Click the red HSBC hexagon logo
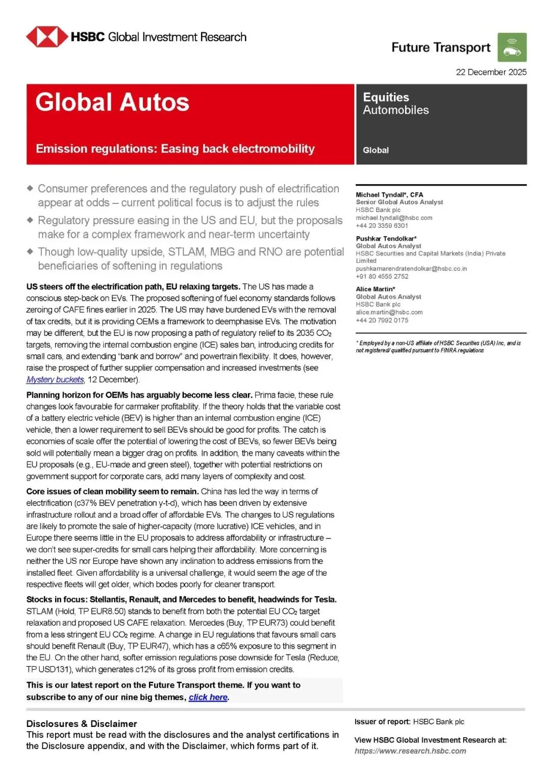click(46, 37)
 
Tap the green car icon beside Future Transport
click(512, 47)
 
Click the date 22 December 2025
click(491, 72)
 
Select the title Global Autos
click(112, 102)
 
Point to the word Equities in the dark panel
click(386, 97)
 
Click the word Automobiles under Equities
click(395, 110)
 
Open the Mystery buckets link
click(55, 380)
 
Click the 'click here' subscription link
click(208, 697)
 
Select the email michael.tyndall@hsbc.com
click(394, 218)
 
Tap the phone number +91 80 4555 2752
click(382, 276)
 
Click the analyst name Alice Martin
click(375, 289)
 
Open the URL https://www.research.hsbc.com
click(410, 751)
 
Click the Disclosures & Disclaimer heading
click(82, 724)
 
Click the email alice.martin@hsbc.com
click(389, 312)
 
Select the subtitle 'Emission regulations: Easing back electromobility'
click(175, 149)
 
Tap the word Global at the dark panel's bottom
click(375, 150)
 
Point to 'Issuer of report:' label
click(382, 722)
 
